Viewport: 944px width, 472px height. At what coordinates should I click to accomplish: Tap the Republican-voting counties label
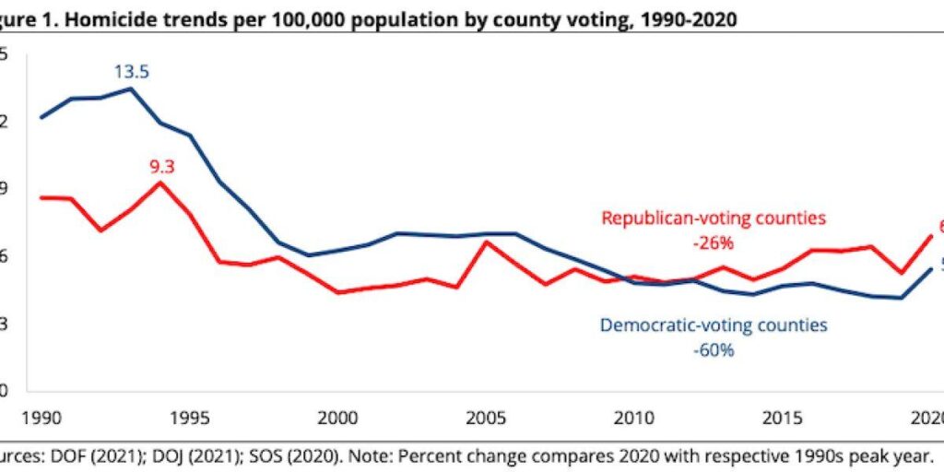714,218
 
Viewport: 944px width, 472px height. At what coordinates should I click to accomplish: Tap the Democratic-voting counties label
714,325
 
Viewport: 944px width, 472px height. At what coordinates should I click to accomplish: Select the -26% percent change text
714,243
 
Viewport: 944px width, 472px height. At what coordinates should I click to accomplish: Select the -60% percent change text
714,350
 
